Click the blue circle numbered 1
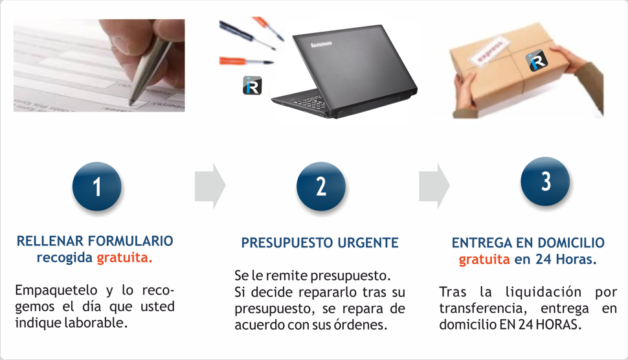coord(97,186)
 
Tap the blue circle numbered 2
coord(321,186)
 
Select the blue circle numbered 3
coord(545,181)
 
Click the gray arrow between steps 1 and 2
coord(210,186)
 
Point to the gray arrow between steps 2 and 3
coord(434,186)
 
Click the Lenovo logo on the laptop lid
coord(321,43)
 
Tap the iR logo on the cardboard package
coord(536,61)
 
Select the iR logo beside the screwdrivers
coord(252,85)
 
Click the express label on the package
coord(489,50)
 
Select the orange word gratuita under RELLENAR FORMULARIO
coord(124,258)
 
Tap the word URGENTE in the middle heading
coord(368,243)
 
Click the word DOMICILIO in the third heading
coord(571,243)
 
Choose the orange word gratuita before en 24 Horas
coord(484,260)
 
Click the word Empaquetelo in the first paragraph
coord(56,290)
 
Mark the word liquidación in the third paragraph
coord(543,292)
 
